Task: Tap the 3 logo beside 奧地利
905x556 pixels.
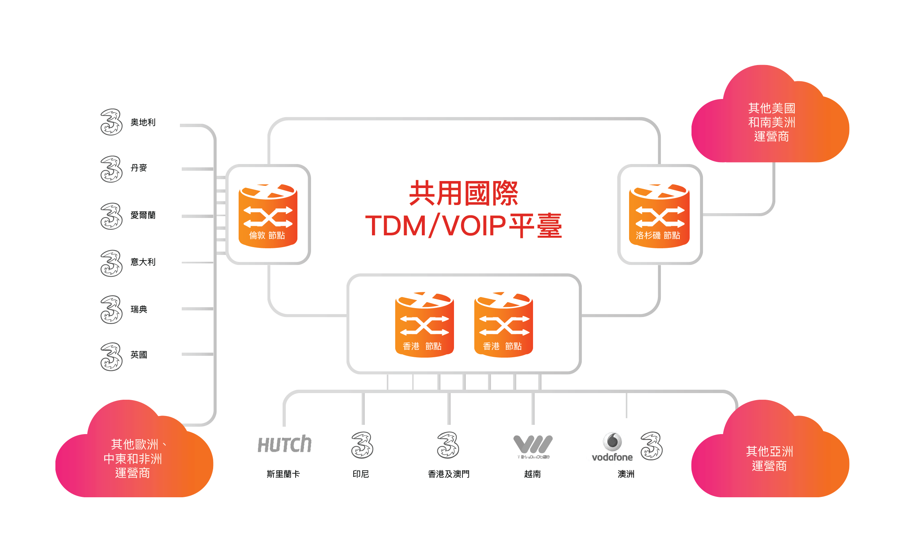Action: click(x=111, y=122)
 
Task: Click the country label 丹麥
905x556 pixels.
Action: click(x=139, y=168)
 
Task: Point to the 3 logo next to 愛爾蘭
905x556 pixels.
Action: click(x=111, y=216)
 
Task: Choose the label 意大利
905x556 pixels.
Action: click(x=143, y=262)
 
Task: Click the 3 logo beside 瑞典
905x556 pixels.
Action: click(x=111, y=310)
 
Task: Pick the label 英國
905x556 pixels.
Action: click(x=139, y=355)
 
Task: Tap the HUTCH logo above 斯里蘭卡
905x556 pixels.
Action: click(x=284, y=444)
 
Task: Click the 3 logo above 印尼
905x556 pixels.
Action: click(x=362, y=445)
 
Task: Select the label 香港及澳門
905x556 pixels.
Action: click(x=448, y=474)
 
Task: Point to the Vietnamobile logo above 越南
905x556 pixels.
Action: click(x=533, y=446)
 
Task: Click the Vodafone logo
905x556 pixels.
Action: click(x=612, y=447)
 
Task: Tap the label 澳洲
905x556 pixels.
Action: click(x=626, y=474)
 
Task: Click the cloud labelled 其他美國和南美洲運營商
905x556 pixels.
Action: click(x=771, y=122)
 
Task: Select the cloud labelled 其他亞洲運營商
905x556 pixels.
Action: click(x=770, y=458)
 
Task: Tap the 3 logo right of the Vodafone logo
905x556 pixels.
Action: click(x=651, y=446)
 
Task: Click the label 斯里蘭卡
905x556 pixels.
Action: click(x=283, y=474)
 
